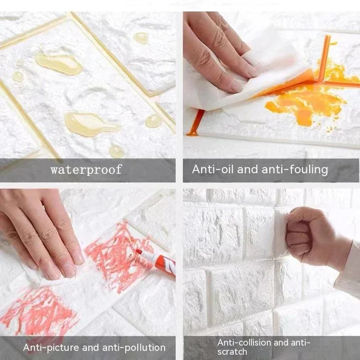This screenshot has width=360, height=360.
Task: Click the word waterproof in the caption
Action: point(86,170)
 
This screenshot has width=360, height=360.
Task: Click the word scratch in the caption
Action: point(232,351)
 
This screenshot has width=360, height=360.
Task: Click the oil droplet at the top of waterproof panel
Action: point(141,38)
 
